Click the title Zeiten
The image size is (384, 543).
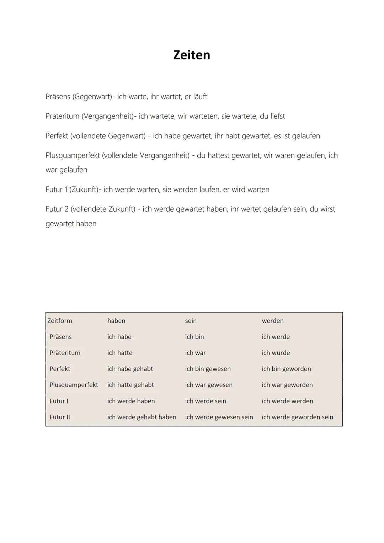(x=192, y=55)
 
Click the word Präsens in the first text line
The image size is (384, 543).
(x=58, y=97)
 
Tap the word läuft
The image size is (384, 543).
(x=200, y=97)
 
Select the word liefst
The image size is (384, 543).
(x=278, y=116)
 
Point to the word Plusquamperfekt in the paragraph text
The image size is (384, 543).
(x=73, y=155)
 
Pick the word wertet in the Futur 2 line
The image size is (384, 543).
(x=251, y=209)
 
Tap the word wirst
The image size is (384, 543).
(x=327, y=209)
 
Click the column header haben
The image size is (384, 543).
(x=116, y=321)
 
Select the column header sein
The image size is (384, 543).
(x=191, y=321)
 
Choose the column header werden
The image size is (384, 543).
(x=273, y=321)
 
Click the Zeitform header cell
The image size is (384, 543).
(x=60, y=321)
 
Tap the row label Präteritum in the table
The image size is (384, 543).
(x=65, y=353)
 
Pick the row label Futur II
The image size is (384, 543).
(x=60, y=417)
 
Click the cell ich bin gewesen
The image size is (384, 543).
(x=208, y=369)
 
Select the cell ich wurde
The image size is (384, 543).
(x=276, y=353)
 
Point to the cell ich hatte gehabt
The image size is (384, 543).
(x=130, y=385)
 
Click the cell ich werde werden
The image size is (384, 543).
(x=287, y=401)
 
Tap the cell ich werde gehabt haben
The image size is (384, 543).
(x=142, y=417)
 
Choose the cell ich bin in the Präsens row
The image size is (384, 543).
(x=194, y=337)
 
